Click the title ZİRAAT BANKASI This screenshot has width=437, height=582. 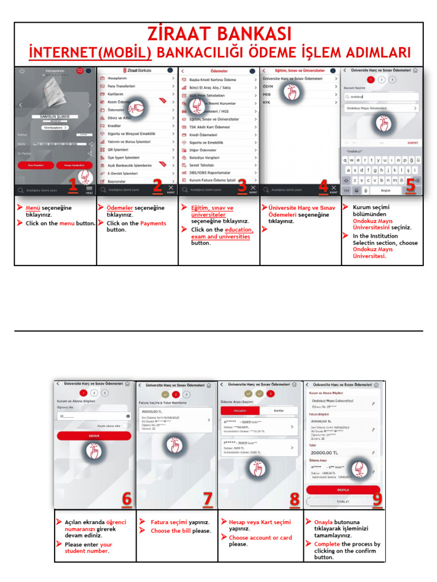pyautogui.click(x=218, y=35)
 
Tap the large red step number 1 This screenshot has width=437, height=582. pyautogui.click(x=72, y=185)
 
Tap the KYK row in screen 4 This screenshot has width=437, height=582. pyautogui.click(x=267, y=102)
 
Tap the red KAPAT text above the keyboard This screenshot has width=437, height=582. pyautogui.click(x=413, y=143)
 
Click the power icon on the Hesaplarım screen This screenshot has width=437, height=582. pyautogui.click(x=22, y=71)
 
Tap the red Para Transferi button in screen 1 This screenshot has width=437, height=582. pyautogui.click(x=35, y=165)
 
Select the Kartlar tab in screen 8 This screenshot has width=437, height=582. pyautogui.click(x=279, y=410)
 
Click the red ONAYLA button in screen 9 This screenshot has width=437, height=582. pyautogui.click(x=343, y=489)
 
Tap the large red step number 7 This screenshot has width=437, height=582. pyautogui.click(x=208, y=500)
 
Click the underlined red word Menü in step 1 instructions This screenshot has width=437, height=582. pyautogui.click(x=33, y=208)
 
